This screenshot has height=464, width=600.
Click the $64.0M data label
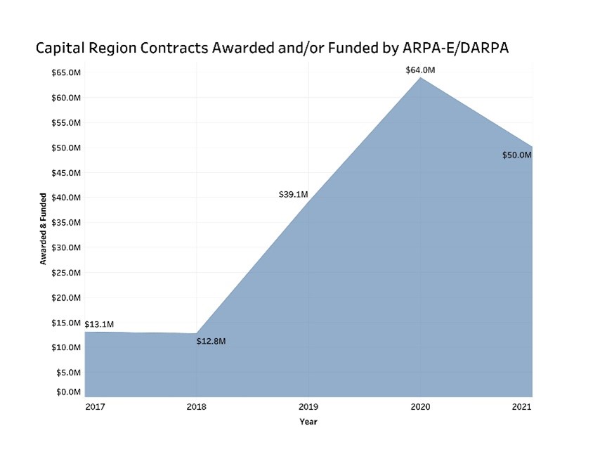tap(420, 70)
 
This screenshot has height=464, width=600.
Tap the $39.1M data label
tap(293, 194)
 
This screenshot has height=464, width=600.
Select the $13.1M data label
tap(99, 324)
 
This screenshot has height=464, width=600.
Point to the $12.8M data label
tap(211, 341)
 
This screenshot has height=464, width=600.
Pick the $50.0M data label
tap(516, 155)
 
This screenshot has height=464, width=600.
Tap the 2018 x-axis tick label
tap(196, 407)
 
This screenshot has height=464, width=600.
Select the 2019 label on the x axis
tap(308, 407)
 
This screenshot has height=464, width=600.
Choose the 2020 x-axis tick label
tap(420, 407)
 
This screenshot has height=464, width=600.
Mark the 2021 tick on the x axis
tap(521, 407)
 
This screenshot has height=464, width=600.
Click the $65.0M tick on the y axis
tap(67, 72)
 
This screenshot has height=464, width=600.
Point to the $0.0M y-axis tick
tap(70, 392)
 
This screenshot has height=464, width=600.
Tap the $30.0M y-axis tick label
tap(67, 247)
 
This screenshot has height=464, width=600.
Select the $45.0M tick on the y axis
tap(67, 172)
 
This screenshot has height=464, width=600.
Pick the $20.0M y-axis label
tap(67, 297)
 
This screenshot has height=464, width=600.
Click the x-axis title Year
tap(308, 422)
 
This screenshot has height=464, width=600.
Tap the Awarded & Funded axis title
tap(43, 228)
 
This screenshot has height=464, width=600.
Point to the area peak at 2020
tap(420, 77)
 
